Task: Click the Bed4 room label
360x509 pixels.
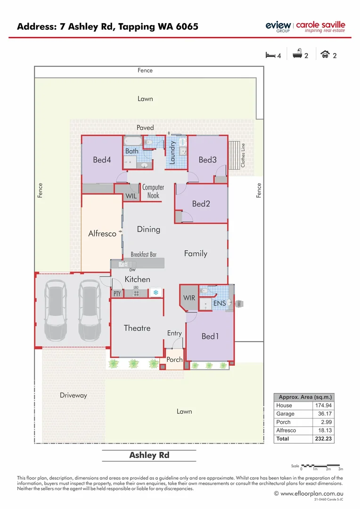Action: tap(102, 160)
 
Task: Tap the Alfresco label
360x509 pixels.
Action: tap(102, 233)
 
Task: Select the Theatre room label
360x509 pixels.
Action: tap(137, 328)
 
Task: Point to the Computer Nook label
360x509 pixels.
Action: tap(153, 191)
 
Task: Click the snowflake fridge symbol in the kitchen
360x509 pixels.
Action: tap(156, 293)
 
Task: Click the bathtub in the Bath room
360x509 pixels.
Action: tap(131, 141)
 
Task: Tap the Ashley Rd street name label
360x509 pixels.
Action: tap(149, 455)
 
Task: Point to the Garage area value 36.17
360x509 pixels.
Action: tap(325, 414)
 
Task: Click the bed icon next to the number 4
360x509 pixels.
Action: tap(270, 55)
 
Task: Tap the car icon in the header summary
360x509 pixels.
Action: tap(325, 55)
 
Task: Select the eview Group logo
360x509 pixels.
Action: tap(278, 27)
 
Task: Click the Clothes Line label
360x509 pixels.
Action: tap(243, 155)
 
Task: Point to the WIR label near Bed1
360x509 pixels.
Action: tap(189, 298)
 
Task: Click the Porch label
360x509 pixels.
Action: tap(174, 360)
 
